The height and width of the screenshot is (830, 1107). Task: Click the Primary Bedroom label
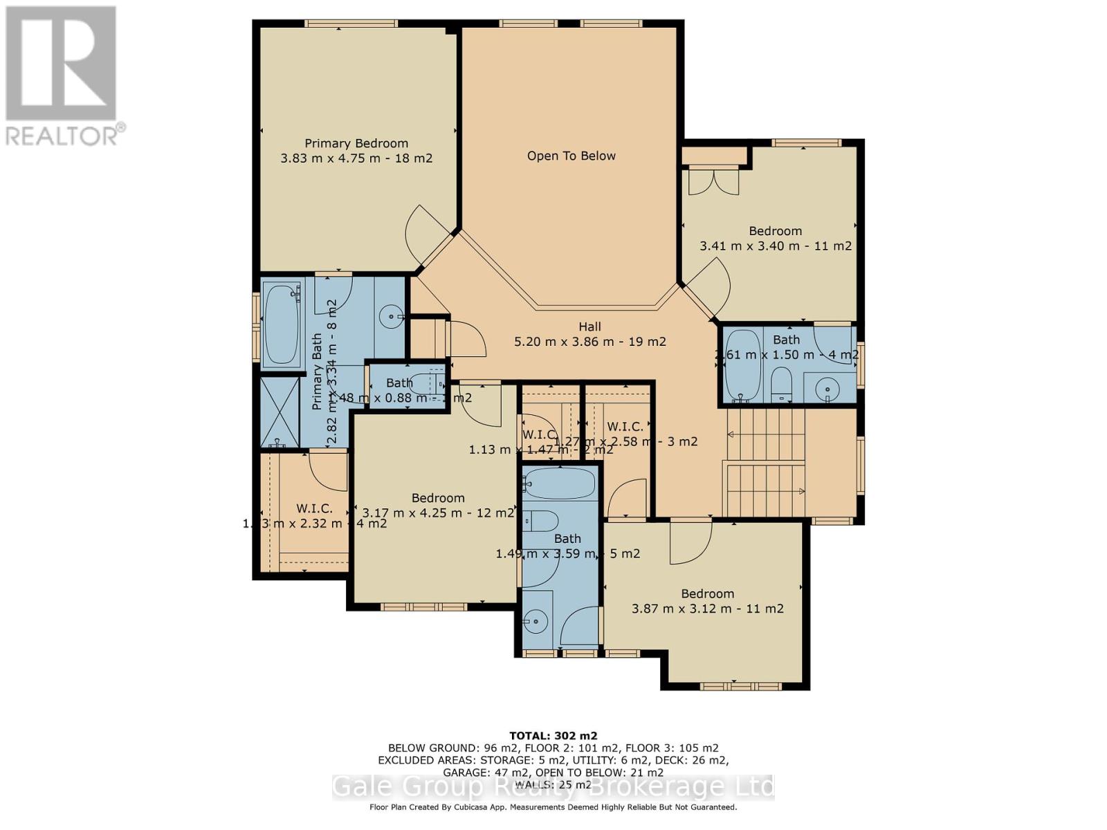click(x=356, y=143)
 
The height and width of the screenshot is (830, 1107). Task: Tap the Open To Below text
click(x=571, y=156)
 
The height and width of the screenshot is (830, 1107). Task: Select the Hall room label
click(x=589, y=326)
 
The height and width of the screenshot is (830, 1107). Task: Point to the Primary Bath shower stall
click(x=280, y=412)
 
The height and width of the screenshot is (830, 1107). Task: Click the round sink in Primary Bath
click(x=392, y=317)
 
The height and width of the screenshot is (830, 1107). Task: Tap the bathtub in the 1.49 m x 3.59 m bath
click(x=559, y=483)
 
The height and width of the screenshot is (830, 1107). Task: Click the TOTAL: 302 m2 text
click(x=553, y=735)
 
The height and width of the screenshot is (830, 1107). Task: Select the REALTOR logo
click(x=62, y=76)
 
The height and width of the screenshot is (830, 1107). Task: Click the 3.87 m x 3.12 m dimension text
click(x=707, y=609)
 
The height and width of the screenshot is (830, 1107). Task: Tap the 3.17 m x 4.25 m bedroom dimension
click(x=438, y=513)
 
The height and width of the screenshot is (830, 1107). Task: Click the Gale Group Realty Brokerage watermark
click(x=553, y=787)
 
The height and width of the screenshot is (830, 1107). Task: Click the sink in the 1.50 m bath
click(x=827, y=389)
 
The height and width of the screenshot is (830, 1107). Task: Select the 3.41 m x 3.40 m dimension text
click(x=775, y=246)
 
